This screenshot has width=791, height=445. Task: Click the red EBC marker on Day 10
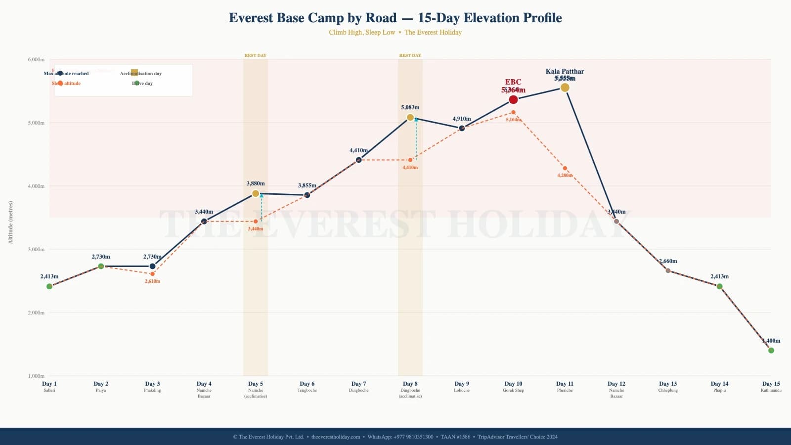click(513, 100)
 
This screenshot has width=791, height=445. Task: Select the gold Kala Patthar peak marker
click(565, 88)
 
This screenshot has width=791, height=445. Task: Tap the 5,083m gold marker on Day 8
click(410, 118)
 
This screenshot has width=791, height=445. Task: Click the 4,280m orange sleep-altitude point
click(565, 169)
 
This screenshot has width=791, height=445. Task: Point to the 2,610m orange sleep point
click(152, 274)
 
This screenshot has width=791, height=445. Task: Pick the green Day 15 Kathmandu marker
click(771, 351)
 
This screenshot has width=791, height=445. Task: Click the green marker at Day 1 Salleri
click(49, 287)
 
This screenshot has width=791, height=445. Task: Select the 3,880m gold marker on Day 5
click(256, 194)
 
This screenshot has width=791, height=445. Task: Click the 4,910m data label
click(461, 119)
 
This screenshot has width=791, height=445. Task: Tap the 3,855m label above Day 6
click(307, 185)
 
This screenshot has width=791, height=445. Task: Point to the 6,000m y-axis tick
click(36, 59)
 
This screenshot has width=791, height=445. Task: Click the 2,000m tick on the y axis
click(36, 312)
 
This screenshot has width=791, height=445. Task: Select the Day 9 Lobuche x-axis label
click(461, 386)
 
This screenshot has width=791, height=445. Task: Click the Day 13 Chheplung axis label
click(667, 386)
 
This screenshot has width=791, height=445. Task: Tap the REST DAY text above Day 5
click(256, 55)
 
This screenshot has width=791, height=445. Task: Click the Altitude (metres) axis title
click(11, 222)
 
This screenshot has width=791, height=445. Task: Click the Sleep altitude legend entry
click(66, 84)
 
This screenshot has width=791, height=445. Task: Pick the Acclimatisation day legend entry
click(141, 74)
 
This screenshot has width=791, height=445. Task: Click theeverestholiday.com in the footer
click(336, 437)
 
